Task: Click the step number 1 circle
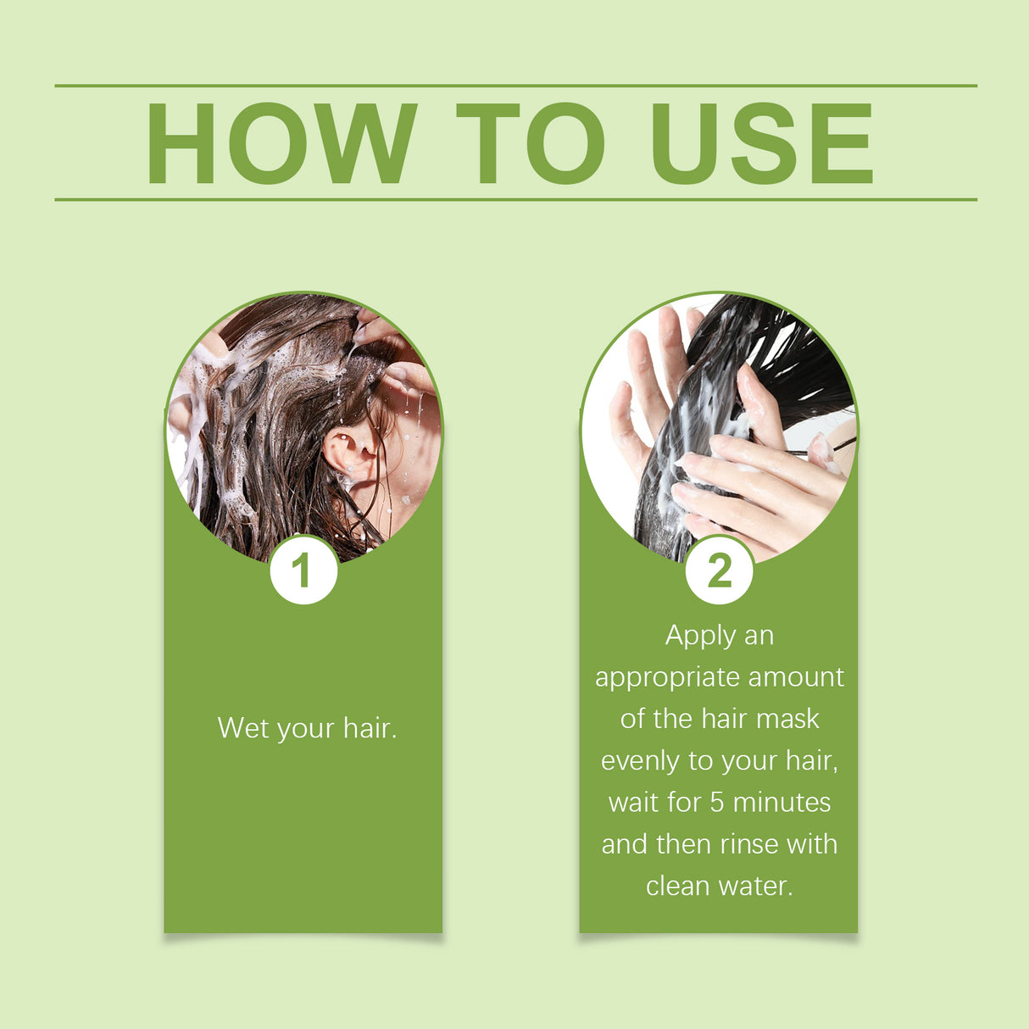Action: pyautogui.click(x=303, y=570)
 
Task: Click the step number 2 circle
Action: pyautogui.click(x=719, y=570)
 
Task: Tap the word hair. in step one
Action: pyautogui.click(x=370, y=728)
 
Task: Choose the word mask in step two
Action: pyautogui.click(x=787, y=719)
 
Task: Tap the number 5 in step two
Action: pyautogui.click(x=717, y=802)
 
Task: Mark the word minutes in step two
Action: pyautogui.click(x=781, y=802)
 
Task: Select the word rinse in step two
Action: pyautogui.click(x=749, y=844)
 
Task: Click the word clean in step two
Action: pyautogui.click(x=677, y=886)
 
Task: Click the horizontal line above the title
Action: pyautogui.click(x=515, y=86)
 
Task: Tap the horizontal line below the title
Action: pyautogui.click(x=515, y=200)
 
